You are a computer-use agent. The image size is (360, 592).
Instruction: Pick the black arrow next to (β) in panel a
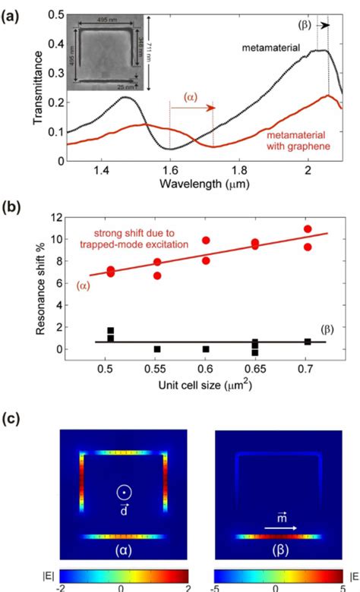pos(325,25)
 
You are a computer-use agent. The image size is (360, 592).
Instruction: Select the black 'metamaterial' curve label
pos(272,49)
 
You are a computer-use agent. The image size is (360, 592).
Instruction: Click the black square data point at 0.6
pos(206,349)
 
